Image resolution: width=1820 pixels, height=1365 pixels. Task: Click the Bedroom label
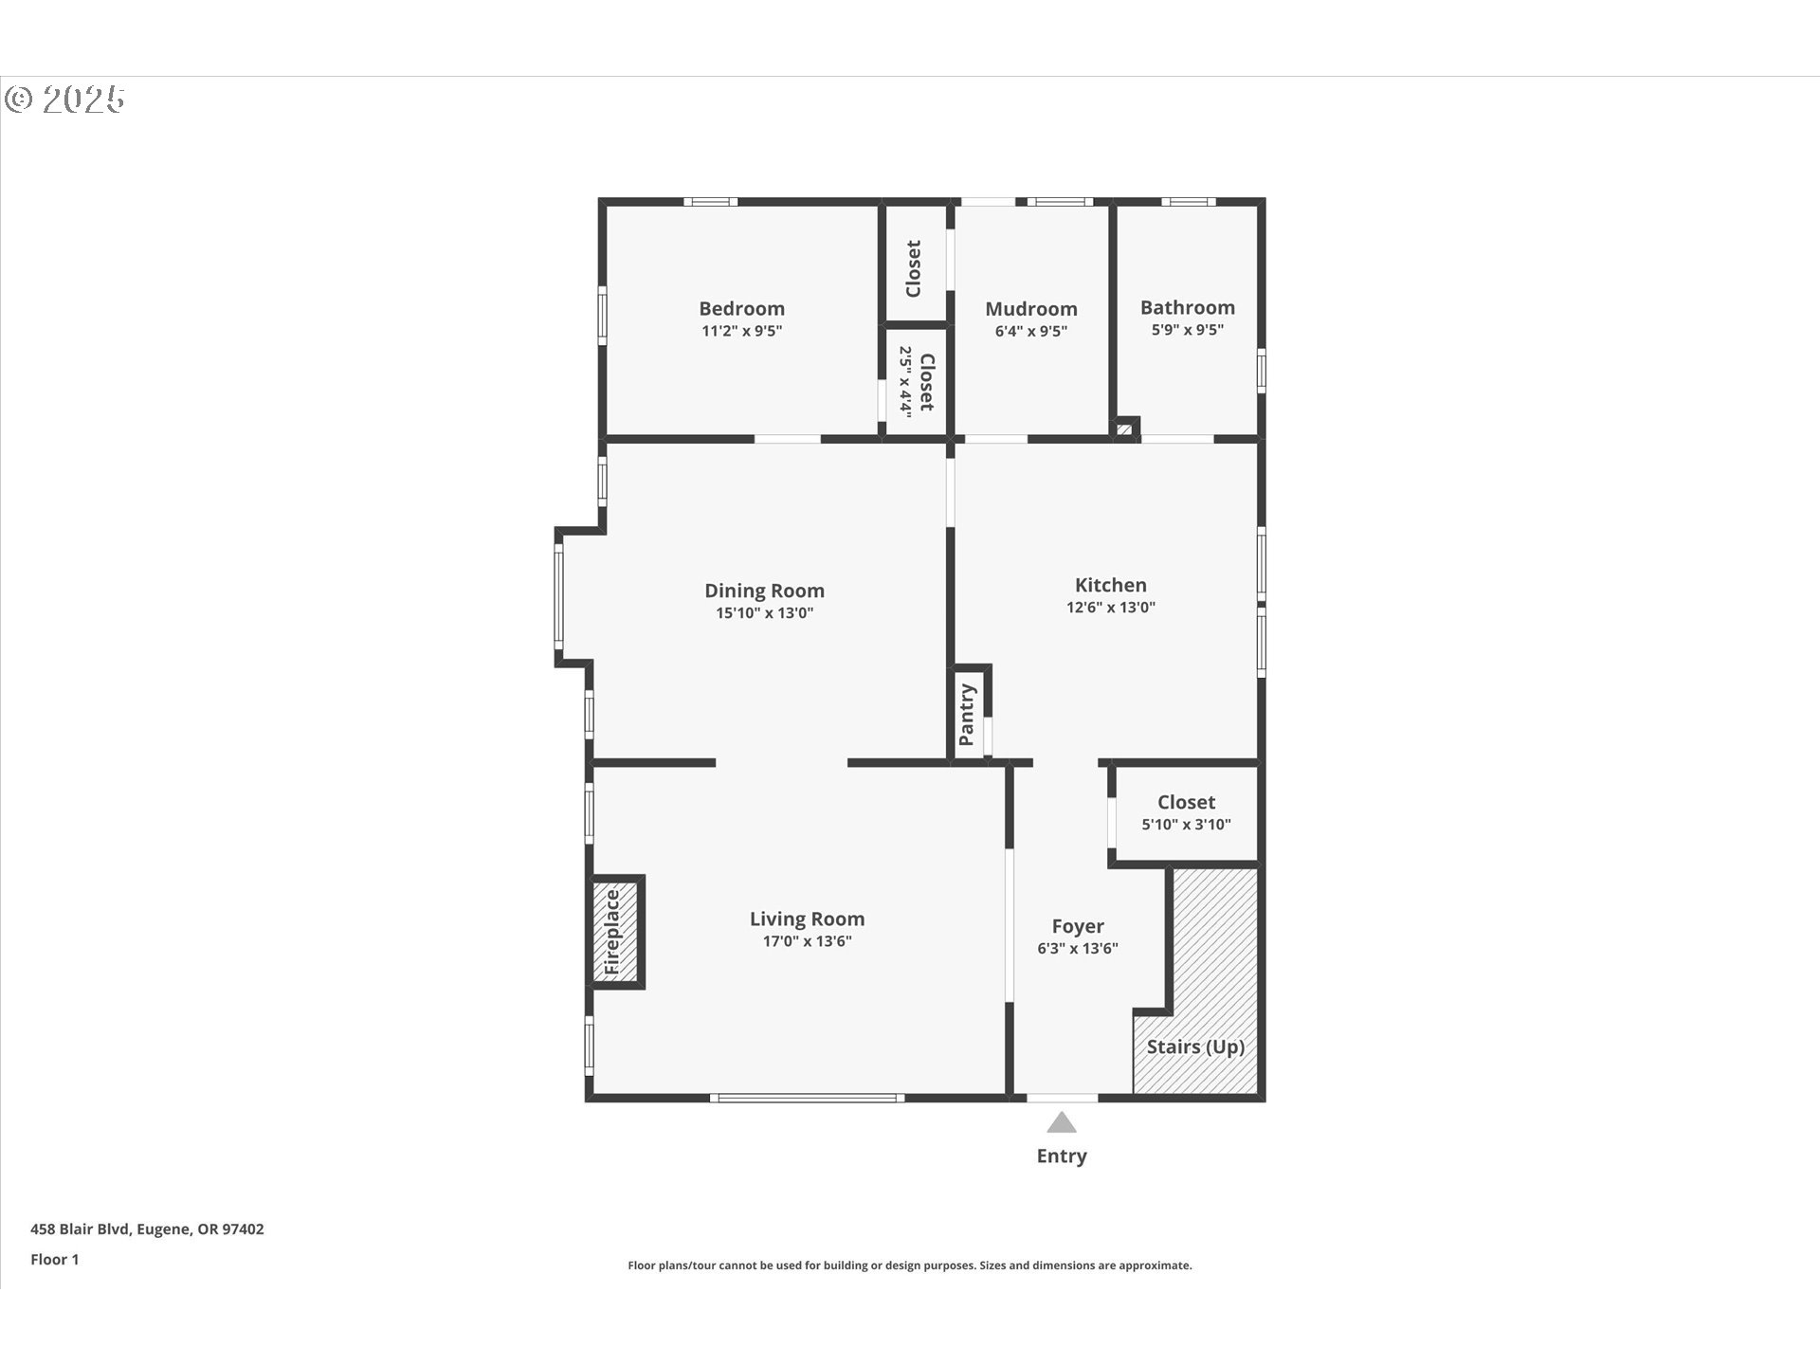741,309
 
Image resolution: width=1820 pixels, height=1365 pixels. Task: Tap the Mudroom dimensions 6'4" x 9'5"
1030,332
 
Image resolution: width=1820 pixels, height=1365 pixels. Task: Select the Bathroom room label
1187,308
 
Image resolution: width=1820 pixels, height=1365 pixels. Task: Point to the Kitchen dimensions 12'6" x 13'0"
1110,608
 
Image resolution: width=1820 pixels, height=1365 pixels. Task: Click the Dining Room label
764,591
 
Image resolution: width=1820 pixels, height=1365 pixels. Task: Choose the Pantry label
967,715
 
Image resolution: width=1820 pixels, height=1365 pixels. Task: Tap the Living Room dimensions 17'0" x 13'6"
807,941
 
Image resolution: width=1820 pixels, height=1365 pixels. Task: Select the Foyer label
1078,926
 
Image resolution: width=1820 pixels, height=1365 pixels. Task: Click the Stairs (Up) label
1194,1046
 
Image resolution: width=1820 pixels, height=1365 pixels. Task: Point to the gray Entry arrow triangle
1061,1124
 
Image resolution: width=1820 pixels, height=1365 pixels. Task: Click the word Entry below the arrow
1061,1156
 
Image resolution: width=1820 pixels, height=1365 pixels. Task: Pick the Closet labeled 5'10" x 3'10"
1186,803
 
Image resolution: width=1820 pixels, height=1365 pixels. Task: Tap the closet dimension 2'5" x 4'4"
905,382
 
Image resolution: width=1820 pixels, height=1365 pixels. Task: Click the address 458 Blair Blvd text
147,1228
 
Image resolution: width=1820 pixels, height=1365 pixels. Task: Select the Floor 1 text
55,1259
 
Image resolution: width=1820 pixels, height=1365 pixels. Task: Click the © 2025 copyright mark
64,99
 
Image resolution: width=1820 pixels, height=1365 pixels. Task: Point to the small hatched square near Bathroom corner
1124,429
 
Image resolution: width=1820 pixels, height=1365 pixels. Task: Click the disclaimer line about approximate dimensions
909,1265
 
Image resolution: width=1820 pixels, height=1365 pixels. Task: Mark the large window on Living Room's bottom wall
807,1098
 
